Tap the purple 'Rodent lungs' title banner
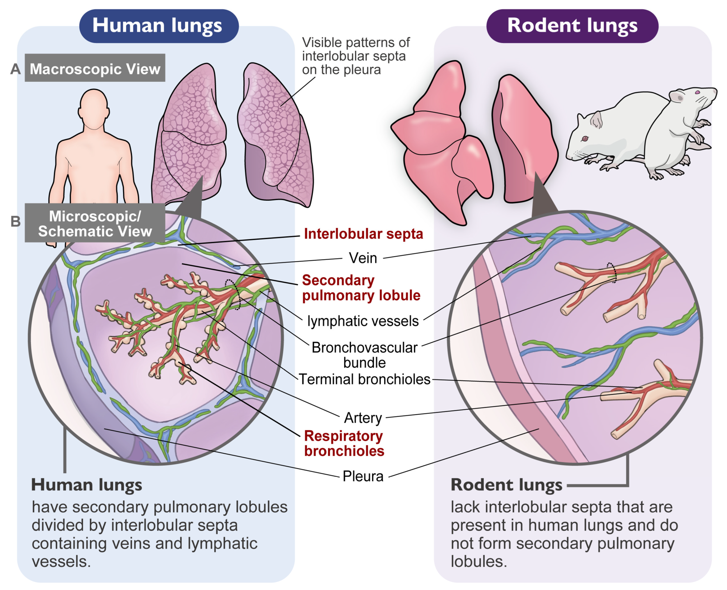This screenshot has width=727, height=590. [572, 26]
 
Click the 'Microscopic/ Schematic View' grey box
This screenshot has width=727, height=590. [95, 223]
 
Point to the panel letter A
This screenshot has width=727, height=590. [15, 69]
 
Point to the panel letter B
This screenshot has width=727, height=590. [15, 221]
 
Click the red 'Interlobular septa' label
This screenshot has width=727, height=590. [363, 234]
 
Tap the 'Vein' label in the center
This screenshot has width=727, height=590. [363, 258]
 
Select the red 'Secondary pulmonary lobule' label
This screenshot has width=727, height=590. [361, 288]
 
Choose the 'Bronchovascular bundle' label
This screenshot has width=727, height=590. [365, 355]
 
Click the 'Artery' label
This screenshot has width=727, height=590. [363, 418]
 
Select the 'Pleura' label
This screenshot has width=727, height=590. [363, 476]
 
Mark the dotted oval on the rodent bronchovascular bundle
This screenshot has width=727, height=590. [612, 273]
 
